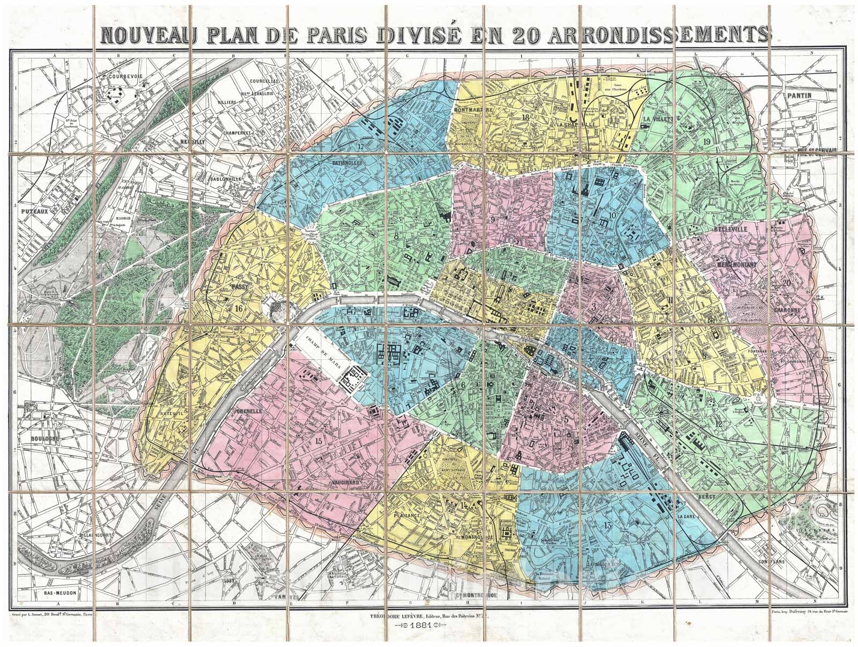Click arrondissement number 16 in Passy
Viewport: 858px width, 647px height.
tap(239, 308)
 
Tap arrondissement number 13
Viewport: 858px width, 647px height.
tap(608, 524)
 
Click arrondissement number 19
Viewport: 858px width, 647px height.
tap(706, 140)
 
